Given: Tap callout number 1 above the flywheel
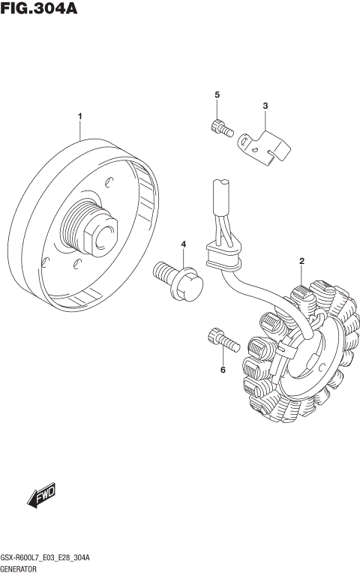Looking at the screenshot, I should click(x=79, y=117).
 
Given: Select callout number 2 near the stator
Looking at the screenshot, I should click(x=301, y=261).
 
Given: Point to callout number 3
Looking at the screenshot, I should click(x=264, y=106).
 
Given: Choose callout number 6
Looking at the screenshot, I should click(x=222, y=370).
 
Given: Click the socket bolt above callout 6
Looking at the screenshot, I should click(x=220, y=340).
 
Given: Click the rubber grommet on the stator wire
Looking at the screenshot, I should click(x=223, y=259).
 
